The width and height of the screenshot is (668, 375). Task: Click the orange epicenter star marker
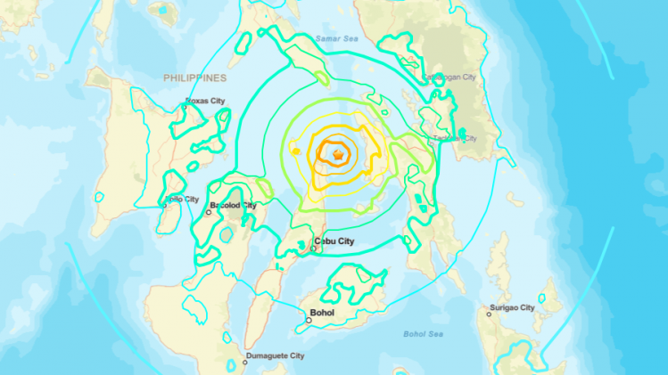pos(338,157)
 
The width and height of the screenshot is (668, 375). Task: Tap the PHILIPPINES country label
pos(194,78)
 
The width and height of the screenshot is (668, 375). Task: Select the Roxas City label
pos(207,101)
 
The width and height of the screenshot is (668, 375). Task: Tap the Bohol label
pos(322,313)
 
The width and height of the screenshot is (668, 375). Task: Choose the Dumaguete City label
pos(276,355)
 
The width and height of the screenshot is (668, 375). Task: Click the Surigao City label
pos(512,307)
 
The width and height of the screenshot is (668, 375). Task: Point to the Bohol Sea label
pos(424,333)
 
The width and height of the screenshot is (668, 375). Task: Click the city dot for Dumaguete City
pos(244,363)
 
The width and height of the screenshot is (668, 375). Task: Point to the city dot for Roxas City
pos(186,107)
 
